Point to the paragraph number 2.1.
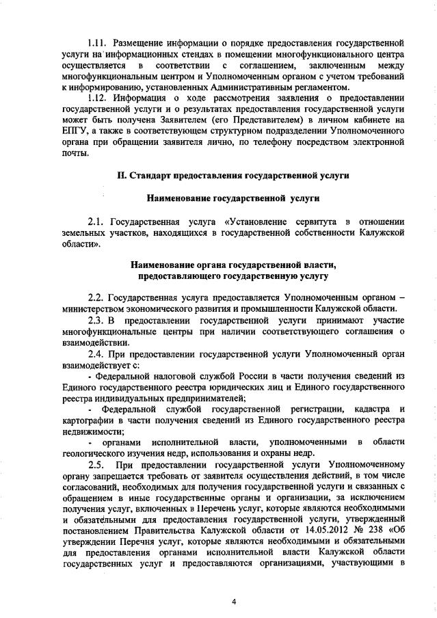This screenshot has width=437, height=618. [x=97, y=221]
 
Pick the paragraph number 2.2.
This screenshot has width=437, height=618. [x=97, y=298]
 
